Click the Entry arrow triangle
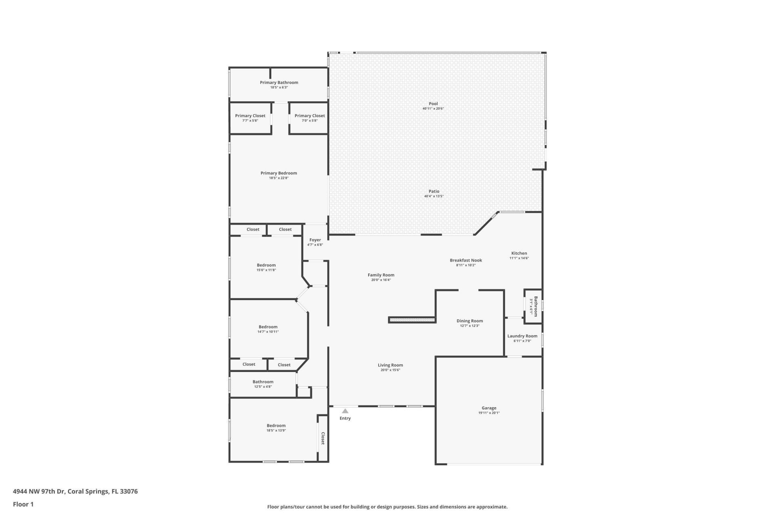pyautogui.click(x=345, y=411)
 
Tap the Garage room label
pyautogui.click(x=489, y=408)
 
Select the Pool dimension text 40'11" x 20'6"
pyautogui.click(x=433, y=109)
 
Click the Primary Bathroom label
pyautogui.click(x=279, y=82)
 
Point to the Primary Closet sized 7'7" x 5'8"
pyautogui.click(x=250, y=118)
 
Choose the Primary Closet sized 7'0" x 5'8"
pyautogui.click(x=310, y=118)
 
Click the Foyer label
pyautogui.click(x=315, y=240)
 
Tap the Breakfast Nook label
pyautogui.click(x=466, y=261)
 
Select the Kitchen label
pyautogui.click(x=519, y=253)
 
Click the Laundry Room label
pyautogui.click(x=522, y=336)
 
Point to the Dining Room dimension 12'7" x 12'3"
pyautogui.click(x=469, y=326)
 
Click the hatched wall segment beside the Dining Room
pyautogui.click(x=412, y=320)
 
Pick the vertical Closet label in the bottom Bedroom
pyautogui.click(x=323, y=439)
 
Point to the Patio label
pyautogui.click(x=434, y=191)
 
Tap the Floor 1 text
pyautogui.click(x=23, y=504)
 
